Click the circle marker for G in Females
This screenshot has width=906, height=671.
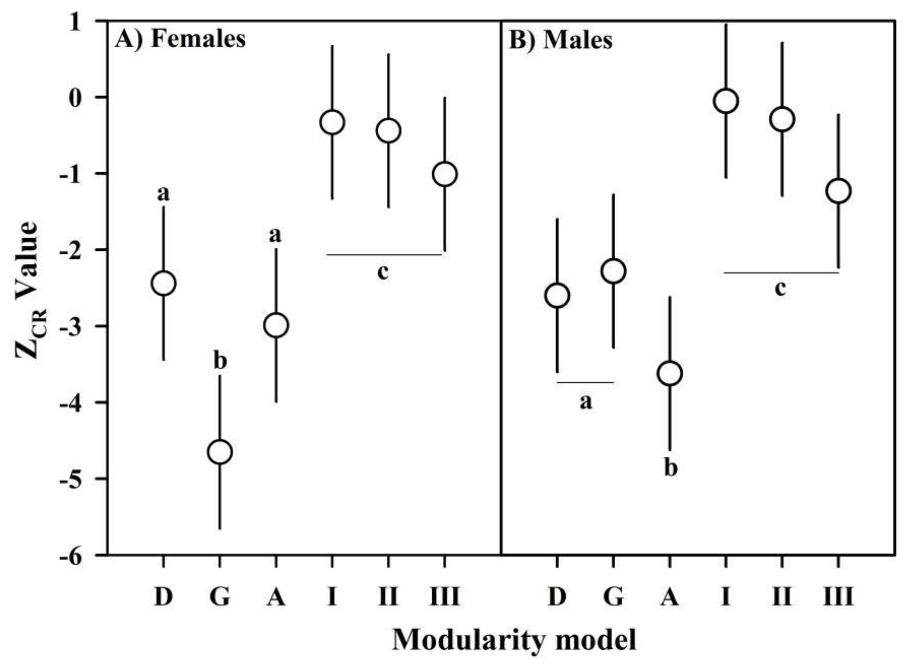click(x=220, y=452)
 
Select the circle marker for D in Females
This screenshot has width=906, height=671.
click(x=163, y=283)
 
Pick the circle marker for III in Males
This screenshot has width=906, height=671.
click(x=838, y=190)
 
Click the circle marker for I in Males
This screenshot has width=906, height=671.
click(x=725, y=101)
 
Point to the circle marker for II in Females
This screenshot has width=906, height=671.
click(x=388, y=130)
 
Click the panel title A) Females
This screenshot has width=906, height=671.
click(x=180, y=40)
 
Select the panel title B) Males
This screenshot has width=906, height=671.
click(x=560, y=41)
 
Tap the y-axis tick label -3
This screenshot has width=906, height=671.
click(x=74, y=326)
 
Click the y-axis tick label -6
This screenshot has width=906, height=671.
click(x=74, y=555)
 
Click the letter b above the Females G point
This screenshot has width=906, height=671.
click(x=220, y=361)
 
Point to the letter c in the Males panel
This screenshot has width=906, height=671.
click(x=780, y=288)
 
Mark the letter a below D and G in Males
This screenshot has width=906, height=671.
click(x=585, y=402)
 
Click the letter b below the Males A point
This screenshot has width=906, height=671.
click(x=671, y=468)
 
